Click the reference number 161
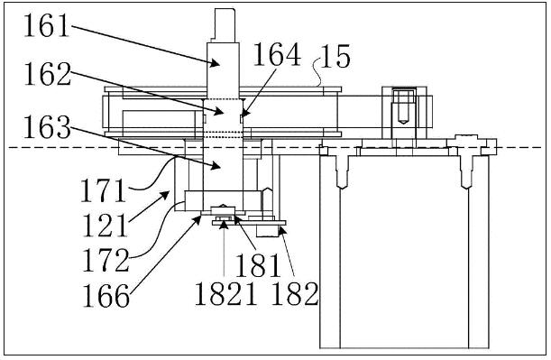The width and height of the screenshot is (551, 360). (x=46, y=25)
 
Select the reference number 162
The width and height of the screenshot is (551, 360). (x=48, y=74)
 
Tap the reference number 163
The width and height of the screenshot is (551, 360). (x=47, y=127)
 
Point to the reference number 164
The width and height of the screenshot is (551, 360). (x=277, y=54)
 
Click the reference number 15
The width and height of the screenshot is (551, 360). (x=335, y=56)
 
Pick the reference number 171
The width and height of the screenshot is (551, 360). (x=104, y=190)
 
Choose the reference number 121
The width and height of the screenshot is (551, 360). (x=105, y=226)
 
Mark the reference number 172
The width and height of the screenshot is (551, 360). (x=106, y=260)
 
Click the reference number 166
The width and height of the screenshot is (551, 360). (x=106, y=296)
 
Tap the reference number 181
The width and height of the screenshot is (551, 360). (x=258, y=265)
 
